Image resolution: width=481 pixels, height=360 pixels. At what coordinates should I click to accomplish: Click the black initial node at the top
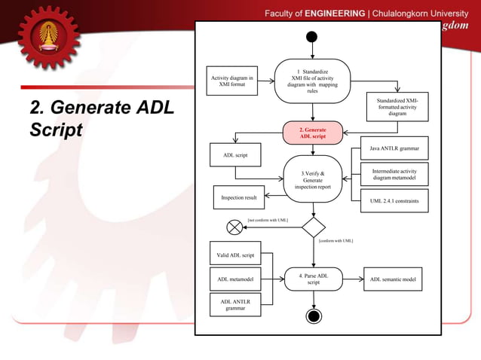click(312, 37)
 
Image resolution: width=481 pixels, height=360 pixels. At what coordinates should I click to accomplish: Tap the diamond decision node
click(313, 227)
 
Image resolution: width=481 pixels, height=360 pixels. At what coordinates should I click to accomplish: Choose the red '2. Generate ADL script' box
click(313, 133)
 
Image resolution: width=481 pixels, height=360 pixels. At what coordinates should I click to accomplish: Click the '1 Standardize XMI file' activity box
click(312, 81)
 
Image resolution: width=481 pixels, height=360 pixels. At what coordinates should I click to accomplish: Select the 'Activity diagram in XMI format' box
click(233, 81)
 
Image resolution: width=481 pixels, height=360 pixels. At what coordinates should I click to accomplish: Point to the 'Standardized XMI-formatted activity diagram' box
click(397, 107)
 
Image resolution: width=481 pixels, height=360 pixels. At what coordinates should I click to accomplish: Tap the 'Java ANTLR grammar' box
click(394, 148)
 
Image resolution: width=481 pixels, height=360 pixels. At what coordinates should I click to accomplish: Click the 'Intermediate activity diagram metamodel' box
click(394, 174)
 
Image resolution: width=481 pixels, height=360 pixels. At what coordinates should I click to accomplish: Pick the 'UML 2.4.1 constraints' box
click(394, 201)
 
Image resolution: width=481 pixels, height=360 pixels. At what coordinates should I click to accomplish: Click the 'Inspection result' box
click(238, 197)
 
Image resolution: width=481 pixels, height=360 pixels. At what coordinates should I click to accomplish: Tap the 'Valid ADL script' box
click(235, 255)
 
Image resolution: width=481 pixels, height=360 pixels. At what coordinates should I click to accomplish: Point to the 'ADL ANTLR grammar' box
click(235, 305)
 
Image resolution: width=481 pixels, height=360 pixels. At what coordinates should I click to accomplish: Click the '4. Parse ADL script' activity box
click(313, 279)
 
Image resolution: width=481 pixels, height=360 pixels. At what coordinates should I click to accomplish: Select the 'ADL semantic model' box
click(393, 279)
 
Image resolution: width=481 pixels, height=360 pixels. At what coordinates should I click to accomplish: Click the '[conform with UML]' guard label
click(335, 241)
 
